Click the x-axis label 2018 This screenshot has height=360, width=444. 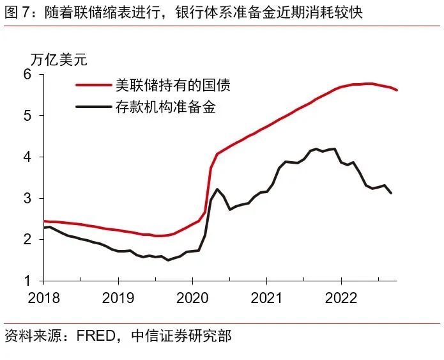click(x=43, y=298)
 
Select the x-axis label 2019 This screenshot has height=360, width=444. click(x=118, y=298)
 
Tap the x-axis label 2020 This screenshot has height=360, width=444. click(x=192, y=298)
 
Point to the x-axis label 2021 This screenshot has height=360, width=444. click(x=267, y=298)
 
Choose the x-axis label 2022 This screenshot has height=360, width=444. click(x=341, y=298)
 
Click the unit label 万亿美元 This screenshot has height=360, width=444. click(x=59, y=61)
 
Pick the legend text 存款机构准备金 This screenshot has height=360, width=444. click(x=165, y=107)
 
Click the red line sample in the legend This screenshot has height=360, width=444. click(x=93, y=84)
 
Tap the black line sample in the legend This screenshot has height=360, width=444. click(x=93, y=107)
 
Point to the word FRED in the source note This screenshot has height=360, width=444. click(x=95, y=336)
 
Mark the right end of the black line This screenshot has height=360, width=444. click(x=391, y=193)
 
